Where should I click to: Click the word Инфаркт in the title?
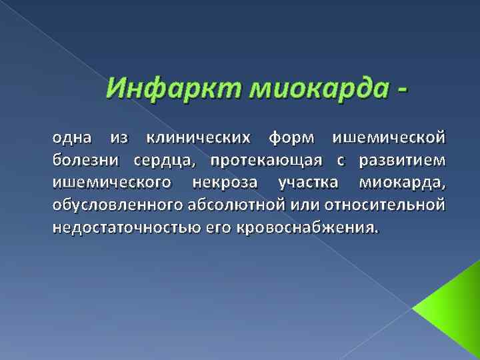tap(157, 87)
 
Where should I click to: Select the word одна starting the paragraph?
tap(73, 139)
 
